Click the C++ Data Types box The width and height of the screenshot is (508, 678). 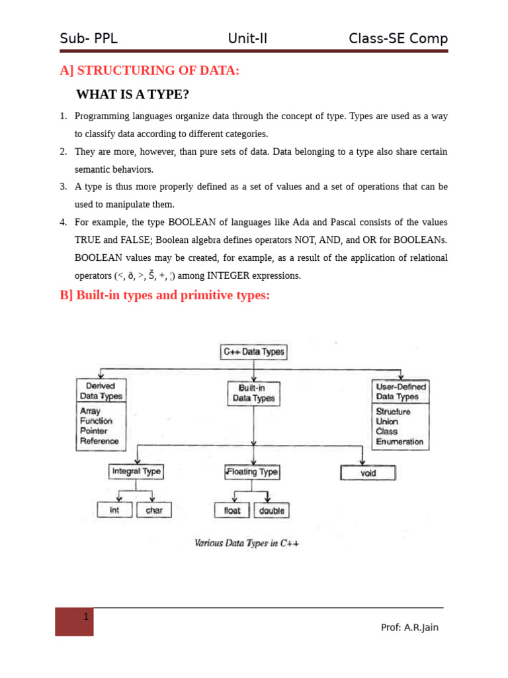tap(253, 352)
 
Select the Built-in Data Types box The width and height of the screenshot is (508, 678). tap(253, 393)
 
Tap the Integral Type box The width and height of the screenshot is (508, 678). tap(136, 471)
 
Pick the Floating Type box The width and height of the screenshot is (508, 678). tap(252, 472)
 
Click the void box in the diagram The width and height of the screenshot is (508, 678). tap(368, 473)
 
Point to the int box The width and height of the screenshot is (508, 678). tap(114, 510)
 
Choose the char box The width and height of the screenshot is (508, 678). tap(154, 510)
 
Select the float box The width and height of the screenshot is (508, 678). tap(232, 510)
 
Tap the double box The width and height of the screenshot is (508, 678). tap(271, 510)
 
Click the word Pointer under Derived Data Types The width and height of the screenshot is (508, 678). tap(93, 431)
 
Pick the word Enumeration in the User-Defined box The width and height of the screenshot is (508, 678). tap(400, 442)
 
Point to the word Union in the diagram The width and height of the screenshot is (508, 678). tap(387, 421)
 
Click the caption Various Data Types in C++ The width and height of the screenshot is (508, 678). tap(247, 544)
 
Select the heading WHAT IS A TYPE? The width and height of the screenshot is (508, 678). tap(132, 95)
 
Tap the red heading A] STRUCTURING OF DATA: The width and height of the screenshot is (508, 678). tap(149, 70)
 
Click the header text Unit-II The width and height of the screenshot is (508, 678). tap(247, 38)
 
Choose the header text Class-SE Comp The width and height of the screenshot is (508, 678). tap(398, 38)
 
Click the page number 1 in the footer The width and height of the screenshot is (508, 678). tap(86, 617)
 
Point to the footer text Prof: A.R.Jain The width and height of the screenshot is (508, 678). tap(409, 627)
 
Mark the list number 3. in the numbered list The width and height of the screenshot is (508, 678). tap(63, 187)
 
